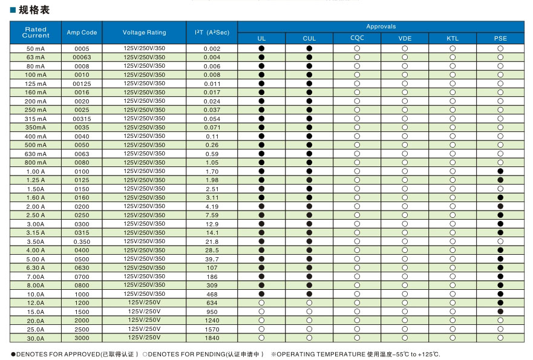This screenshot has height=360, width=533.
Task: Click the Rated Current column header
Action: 36,32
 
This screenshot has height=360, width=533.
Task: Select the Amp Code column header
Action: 82,33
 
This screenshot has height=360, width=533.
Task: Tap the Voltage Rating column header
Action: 144,33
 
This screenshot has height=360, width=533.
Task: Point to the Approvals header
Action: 381,27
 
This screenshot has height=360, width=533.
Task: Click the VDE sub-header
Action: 405,39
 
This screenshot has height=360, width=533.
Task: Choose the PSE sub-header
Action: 500,39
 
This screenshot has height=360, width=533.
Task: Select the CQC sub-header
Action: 357,39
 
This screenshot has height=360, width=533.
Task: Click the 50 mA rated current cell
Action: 36,48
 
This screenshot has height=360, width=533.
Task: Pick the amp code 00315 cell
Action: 82,119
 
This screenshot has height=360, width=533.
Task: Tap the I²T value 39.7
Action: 212,260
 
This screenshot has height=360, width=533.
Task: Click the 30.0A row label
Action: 36,339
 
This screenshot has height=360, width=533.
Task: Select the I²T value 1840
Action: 212,339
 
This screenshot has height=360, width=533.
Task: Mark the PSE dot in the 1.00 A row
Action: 500,172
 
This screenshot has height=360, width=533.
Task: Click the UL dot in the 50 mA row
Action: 261,48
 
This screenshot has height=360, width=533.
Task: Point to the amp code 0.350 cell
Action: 82,242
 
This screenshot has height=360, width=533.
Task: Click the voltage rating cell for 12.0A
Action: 144,303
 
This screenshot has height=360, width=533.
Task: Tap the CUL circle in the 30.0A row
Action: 309,339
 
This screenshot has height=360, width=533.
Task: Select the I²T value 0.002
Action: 212,48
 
